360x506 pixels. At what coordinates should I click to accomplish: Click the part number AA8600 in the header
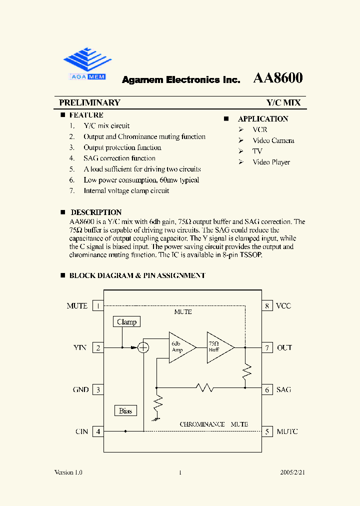(278, 78)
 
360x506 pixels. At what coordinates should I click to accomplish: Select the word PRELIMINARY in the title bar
(89, 102)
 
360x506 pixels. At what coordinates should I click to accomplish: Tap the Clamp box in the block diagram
(126, 321)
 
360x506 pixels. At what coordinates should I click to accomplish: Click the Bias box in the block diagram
(125, 410)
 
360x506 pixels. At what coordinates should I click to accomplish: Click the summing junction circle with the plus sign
(143, 347)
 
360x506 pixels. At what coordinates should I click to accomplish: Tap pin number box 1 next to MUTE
(98, 305)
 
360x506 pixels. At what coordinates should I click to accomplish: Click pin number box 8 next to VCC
(267, 305)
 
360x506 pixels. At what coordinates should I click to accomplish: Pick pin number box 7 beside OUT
(267, 347)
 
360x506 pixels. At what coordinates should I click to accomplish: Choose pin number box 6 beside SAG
(267, 389)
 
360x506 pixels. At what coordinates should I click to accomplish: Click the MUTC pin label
(287, 431)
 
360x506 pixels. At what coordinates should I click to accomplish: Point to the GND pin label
(80, 389)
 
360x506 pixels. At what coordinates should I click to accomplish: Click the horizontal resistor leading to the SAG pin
(205, 387)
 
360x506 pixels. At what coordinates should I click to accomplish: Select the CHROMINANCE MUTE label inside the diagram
(213, 424)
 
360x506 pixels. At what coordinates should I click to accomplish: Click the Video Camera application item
(273, 140)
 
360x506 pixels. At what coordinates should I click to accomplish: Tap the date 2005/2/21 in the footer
(292, 472)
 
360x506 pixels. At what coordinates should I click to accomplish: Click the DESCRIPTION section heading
(96, 212)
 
